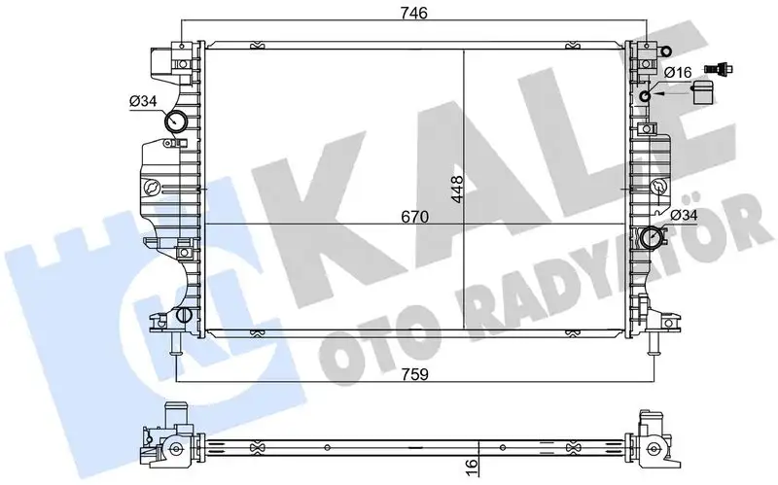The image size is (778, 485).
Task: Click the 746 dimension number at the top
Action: pos(412,12)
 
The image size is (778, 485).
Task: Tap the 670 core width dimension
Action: pos(413,218)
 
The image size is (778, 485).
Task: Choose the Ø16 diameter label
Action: pos(677,72)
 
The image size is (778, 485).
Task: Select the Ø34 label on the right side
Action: pos(684,215)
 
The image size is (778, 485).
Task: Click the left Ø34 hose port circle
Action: pos(177,122)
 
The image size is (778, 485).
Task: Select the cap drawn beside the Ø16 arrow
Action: pos(702,92)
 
